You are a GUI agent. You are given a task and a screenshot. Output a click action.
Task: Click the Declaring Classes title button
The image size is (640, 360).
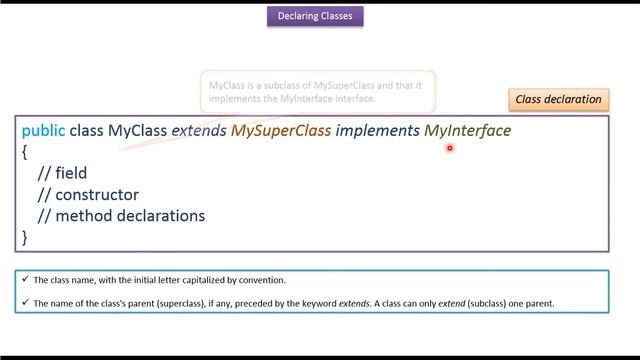315,16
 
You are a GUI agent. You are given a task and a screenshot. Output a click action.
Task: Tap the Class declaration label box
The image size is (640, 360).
558,99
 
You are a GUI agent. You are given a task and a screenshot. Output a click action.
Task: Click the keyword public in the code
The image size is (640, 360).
43,131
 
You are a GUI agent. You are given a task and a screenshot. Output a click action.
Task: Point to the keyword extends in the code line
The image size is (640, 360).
199,131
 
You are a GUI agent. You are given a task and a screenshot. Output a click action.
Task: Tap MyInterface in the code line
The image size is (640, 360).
467,131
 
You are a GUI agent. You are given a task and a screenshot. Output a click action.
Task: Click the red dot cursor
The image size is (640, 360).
450,149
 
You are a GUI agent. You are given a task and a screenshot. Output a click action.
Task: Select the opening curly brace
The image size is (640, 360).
25,152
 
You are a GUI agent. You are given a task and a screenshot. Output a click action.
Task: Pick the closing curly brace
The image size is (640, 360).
25,237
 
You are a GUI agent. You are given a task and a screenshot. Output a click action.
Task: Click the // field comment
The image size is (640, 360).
62,173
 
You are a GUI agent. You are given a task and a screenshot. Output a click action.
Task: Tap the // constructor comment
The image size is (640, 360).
88,194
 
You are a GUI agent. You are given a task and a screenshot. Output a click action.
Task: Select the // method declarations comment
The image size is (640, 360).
121,215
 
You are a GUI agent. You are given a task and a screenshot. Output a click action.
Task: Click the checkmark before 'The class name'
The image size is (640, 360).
25,280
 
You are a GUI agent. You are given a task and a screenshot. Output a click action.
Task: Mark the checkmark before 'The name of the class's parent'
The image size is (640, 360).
25,303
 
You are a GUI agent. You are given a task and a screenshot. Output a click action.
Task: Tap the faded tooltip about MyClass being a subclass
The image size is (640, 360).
315,92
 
